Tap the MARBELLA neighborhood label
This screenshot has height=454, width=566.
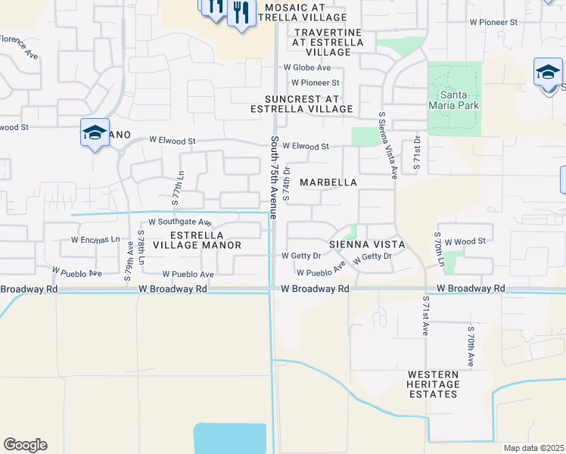pos(328,183)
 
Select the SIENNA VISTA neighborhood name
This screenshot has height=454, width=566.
pos(367,244)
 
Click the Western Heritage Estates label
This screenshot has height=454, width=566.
pos(433,384)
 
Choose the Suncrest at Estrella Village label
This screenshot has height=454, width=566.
pos(309,104)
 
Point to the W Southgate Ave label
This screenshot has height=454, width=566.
pos(179,222)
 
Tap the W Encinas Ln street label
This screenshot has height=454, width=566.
pos(95,239)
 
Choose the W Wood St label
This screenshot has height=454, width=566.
pos(465,241)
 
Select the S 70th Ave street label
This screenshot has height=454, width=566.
pos(471,347)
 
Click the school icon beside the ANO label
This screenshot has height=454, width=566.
pos(95,133)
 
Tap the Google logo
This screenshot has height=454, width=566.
pos(25,445)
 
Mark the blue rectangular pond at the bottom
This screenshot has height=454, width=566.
pos(230,438)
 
